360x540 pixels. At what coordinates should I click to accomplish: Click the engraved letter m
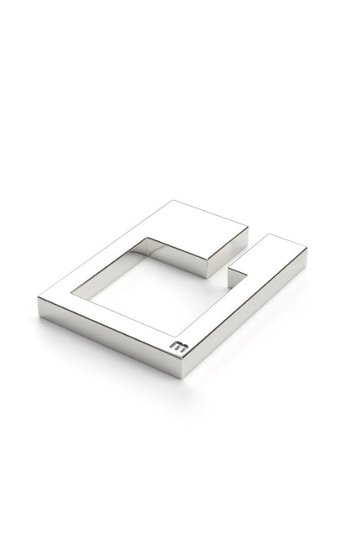click(179, 347)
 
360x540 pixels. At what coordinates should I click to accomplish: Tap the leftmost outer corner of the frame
click(38, 298)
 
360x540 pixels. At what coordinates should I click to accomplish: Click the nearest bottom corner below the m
click(181, 378)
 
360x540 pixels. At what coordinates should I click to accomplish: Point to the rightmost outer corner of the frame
click(307, 249)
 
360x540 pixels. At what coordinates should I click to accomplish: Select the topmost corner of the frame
click(173, 200)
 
